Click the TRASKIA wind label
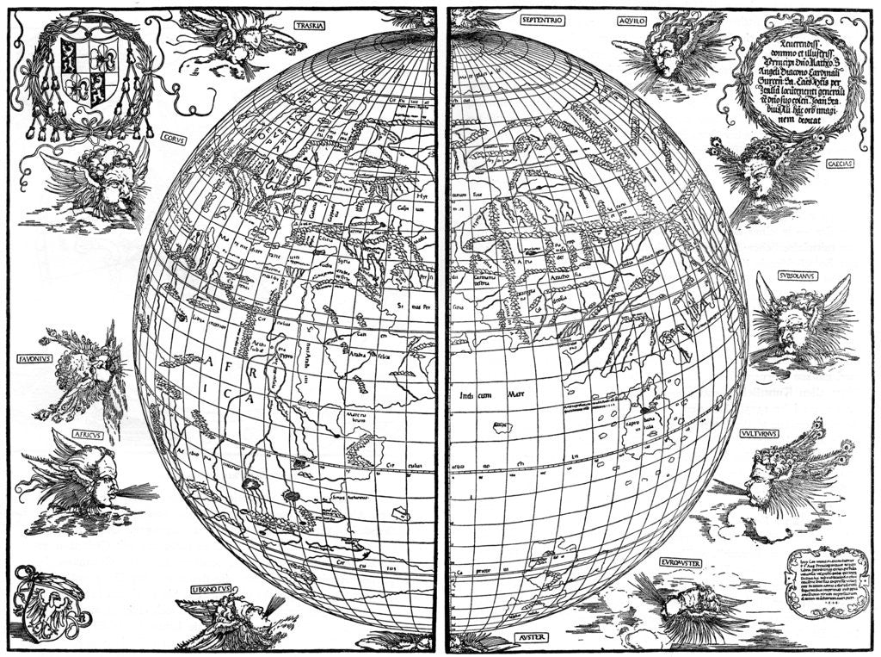tap(308, 26)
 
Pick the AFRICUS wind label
tap(88, 435)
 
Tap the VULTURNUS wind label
tap(758, 434)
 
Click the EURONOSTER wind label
tap(681, 562)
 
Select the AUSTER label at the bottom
tap(534, 638)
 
